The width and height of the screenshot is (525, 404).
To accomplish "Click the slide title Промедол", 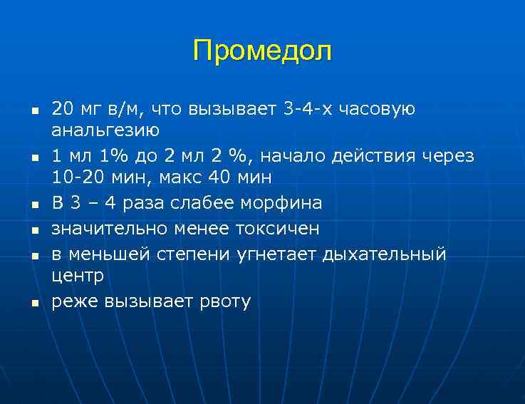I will click(262, 51).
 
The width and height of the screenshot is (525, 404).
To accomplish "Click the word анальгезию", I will click(105, 130).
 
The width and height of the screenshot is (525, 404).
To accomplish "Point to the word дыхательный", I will click(385, 254).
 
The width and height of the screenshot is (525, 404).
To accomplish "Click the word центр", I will click(78, 276).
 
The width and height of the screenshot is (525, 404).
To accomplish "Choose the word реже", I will click(75, 301).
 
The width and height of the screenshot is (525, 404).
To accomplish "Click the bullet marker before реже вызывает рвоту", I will click(33, 303).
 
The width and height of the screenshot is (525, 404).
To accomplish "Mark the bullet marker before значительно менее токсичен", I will click(33, 229).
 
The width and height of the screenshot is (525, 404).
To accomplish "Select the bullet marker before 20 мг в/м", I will click(33, 110).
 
